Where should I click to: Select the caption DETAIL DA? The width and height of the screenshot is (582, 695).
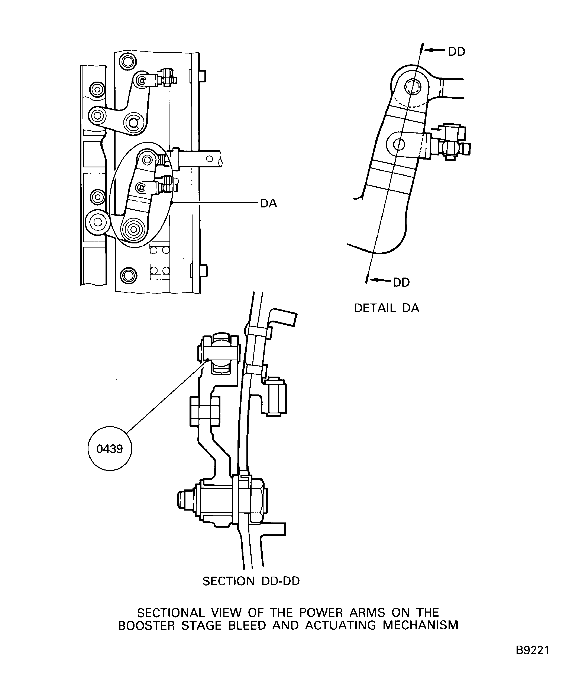(387, 308)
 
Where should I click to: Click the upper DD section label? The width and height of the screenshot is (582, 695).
(456, 52)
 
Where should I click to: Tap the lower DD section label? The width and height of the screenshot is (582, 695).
(401, 282)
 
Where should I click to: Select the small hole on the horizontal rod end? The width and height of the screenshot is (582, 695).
(209, 159)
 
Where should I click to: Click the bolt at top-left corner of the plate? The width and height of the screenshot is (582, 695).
(128, 61)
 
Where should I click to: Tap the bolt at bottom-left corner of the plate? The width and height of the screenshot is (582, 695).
(128, 275)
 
